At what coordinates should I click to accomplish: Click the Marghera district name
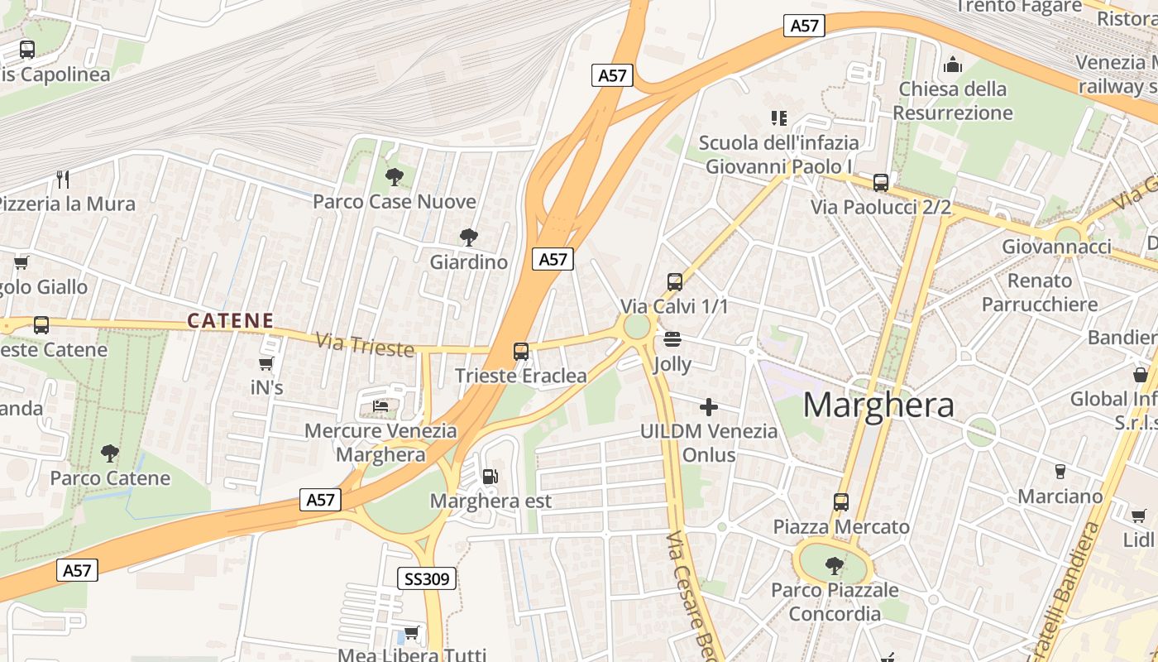click(878, 405)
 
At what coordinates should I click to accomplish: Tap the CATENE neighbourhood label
click(230, 320)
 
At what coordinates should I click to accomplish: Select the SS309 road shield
click(427, 578)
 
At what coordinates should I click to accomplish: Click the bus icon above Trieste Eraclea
click(521, 352)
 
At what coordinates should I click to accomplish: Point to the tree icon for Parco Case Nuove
click(394, 176)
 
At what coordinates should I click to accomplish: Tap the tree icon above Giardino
click(469, 237)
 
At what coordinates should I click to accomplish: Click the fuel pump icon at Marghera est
click(490, 477)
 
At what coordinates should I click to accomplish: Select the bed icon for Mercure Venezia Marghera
click(380, 406)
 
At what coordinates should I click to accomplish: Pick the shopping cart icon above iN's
click(266, 363)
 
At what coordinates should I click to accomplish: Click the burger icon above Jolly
click(672, 339)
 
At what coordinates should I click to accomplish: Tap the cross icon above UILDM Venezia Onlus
click(709, 406)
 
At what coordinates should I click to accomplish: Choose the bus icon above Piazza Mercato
click(841, 501)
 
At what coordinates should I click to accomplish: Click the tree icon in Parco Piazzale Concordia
click(835, 566)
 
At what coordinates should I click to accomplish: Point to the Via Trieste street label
click(365, 343)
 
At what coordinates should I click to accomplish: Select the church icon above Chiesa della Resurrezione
click(953, 65)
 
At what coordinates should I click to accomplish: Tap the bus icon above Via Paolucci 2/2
click(881, 183)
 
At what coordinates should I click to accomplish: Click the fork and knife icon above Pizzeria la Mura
click(62, 179)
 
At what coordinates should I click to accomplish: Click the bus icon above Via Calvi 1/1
click(675, 282)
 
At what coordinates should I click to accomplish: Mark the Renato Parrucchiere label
click(1040, 292)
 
